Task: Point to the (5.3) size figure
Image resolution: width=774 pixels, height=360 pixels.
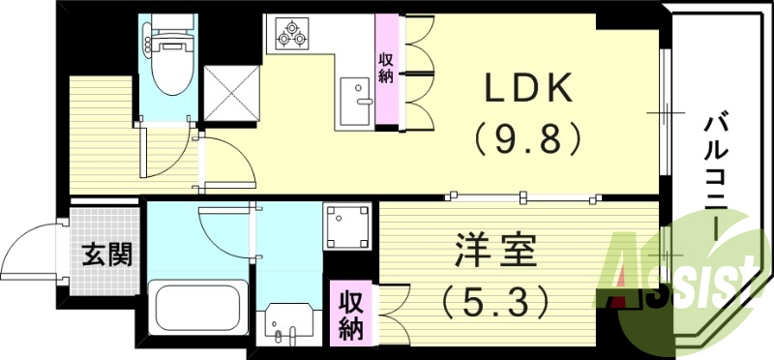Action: (x=494, y=300)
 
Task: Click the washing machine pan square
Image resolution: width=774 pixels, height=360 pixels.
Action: (x=348, y=226)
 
